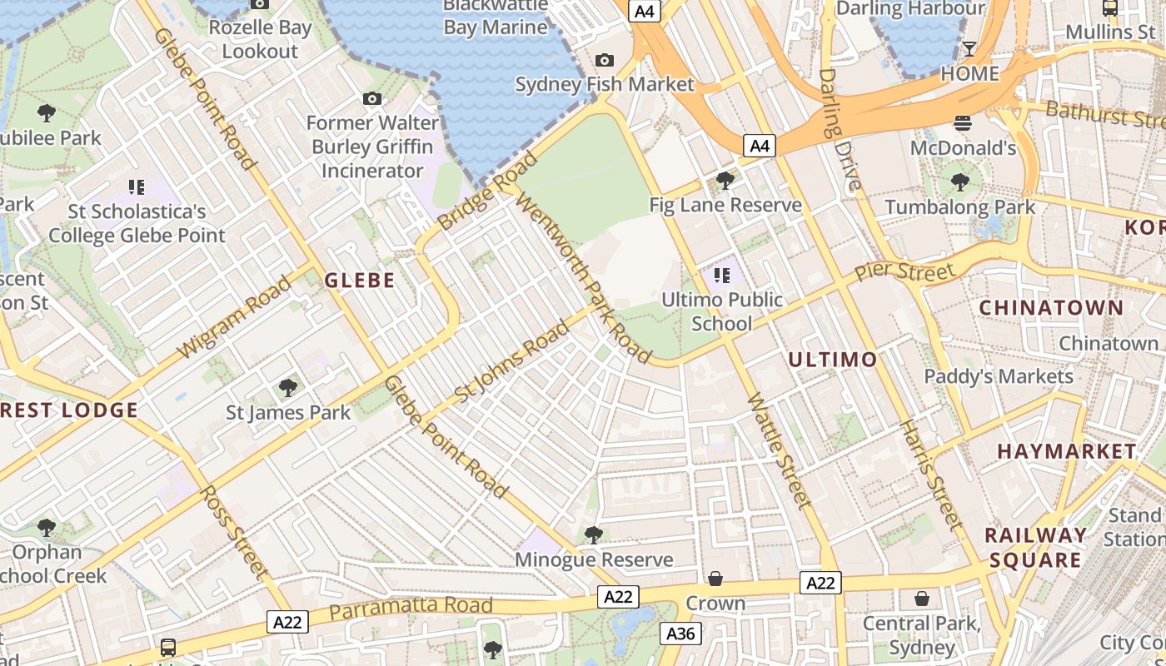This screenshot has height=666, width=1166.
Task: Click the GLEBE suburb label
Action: pos(360,281)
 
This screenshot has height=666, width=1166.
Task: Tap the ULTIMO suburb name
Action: pos(832,360)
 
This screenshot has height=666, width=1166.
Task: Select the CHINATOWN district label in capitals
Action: pos(1051,308)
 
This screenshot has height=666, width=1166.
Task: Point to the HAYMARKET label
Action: pos(1066,451)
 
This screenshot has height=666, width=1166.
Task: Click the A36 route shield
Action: pos(680,634)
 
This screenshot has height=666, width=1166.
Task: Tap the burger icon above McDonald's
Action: pos(963,123)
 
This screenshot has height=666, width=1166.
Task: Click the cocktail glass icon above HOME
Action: pos(969,48)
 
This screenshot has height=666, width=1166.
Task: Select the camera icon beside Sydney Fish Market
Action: pos(605,60)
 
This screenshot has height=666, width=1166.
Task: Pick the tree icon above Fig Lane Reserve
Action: pos(725,180)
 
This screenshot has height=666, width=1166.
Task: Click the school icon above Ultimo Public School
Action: pos(721,275)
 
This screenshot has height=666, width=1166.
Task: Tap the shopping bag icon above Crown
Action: pos(715,578)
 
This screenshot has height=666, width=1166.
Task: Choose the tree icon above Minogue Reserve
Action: pos(593,534)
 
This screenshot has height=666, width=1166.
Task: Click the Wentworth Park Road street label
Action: pos(582,278)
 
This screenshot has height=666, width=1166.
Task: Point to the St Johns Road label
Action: pos(513,360)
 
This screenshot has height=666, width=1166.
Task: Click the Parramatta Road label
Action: pos(411,607)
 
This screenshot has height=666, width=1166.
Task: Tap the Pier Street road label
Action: pos(905,272)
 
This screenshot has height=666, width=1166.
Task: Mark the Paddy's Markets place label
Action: pos(999,376)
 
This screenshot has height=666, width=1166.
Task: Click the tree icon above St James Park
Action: pos(288,388)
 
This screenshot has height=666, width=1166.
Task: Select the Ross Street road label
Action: pos(235,533)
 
